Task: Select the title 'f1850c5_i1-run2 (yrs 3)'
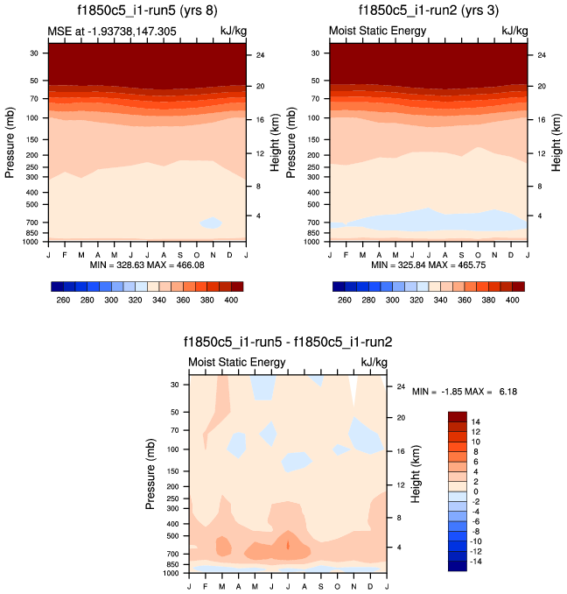429,11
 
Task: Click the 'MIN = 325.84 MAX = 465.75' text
429,264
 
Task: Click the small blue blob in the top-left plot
210,223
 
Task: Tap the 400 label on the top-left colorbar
229,300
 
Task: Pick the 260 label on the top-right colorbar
346,300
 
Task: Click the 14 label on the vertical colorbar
475,421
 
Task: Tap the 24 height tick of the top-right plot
541,55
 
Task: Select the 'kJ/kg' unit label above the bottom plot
374,363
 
